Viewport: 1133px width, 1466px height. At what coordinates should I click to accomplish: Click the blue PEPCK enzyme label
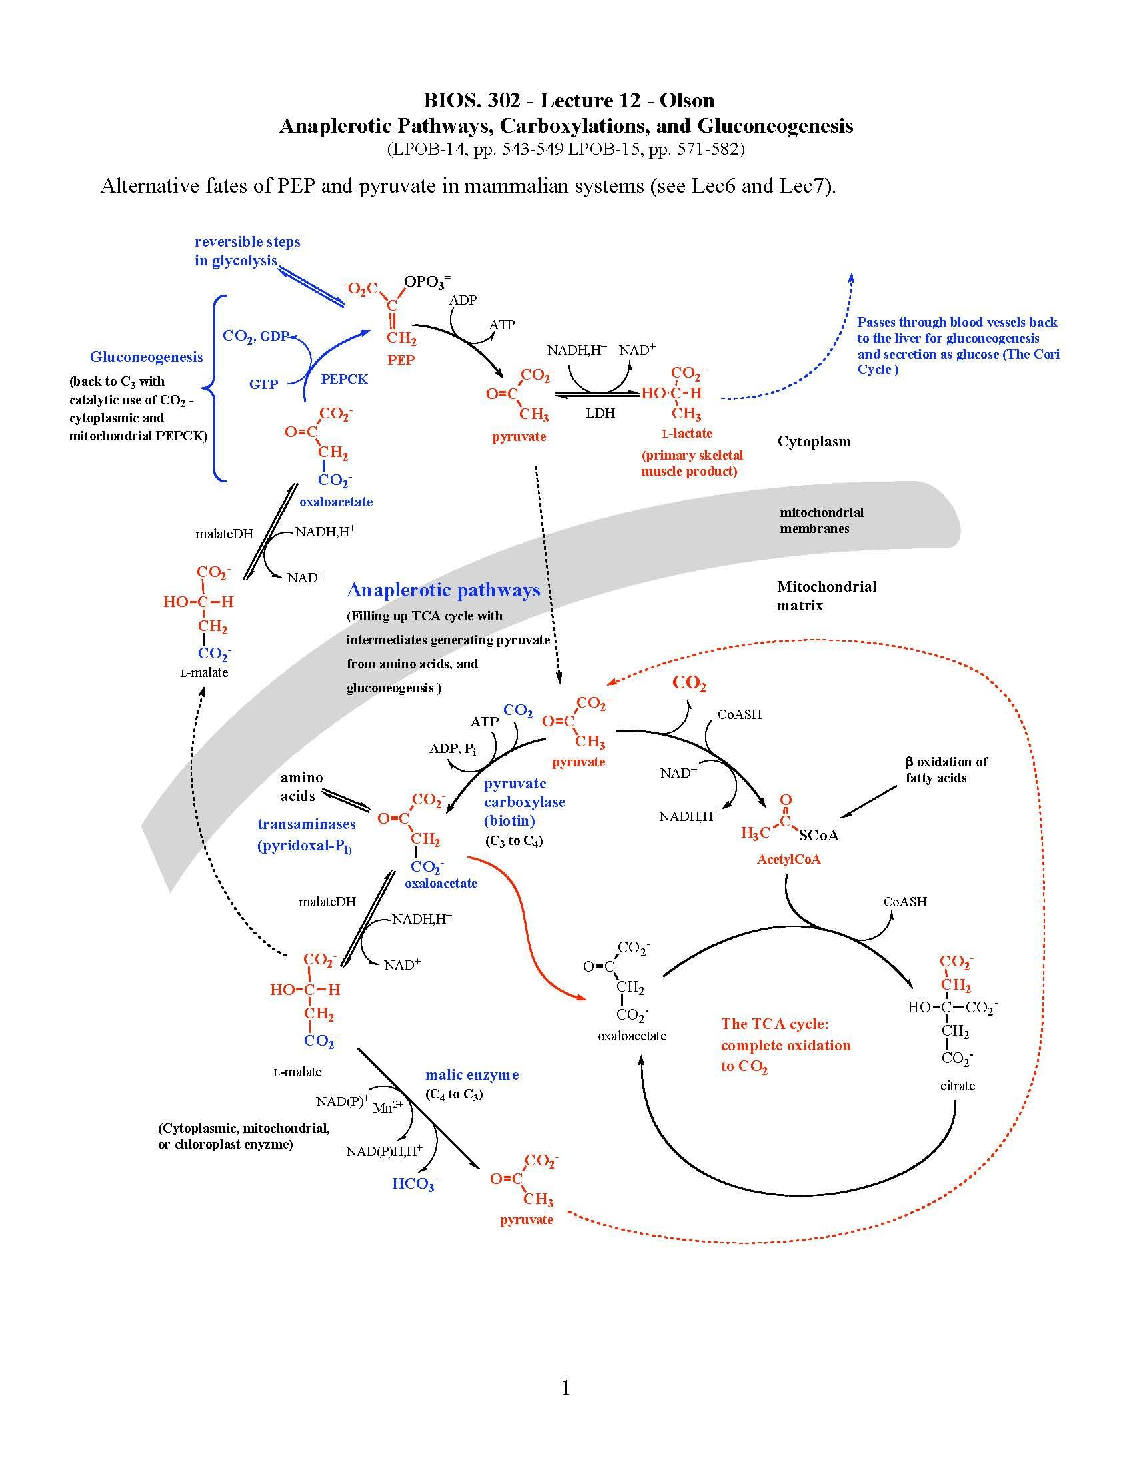344,379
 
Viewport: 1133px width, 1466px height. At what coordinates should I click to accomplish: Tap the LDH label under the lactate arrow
600,414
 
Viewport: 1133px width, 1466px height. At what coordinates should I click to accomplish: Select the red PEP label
401,360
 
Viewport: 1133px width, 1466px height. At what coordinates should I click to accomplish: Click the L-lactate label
686,434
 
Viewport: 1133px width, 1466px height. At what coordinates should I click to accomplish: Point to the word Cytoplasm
814,442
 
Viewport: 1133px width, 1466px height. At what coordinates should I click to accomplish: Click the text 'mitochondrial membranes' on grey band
821,520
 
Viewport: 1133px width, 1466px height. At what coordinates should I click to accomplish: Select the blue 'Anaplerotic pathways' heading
443,590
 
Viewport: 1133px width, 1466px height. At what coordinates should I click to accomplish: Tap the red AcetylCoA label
788,859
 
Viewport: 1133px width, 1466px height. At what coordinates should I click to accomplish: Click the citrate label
957,1086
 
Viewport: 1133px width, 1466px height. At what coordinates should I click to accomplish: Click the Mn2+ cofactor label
387,1108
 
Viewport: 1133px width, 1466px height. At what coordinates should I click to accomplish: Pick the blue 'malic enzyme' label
472,1075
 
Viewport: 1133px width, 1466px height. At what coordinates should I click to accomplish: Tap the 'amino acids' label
301,787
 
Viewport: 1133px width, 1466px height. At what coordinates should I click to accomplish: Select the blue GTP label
263,384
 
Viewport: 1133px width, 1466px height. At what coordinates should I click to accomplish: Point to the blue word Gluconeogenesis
147,357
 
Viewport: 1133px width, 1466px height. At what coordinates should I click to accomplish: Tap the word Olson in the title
686,101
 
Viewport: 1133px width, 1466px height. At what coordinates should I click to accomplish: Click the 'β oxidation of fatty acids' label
946,770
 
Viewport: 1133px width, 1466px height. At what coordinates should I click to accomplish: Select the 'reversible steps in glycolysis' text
247,251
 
